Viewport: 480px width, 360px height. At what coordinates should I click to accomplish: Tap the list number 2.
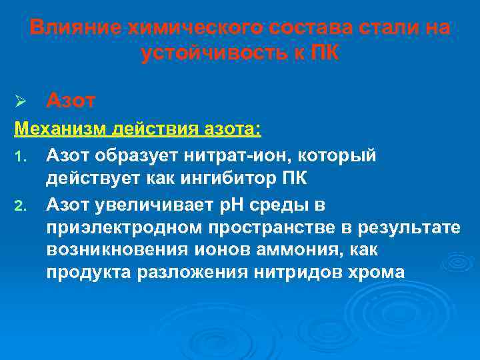point(20,206)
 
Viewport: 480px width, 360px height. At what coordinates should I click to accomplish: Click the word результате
point(414,228)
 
